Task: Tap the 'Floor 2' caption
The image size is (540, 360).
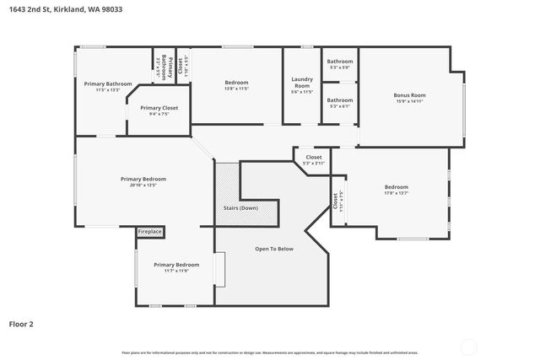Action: pos(21,323)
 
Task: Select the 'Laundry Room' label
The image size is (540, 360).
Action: pos(301,82)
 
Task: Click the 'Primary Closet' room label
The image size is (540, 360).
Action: pos(159,108)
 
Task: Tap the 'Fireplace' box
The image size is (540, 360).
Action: pos(149,231)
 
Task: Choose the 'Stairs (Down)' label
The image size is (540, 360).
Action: pos(241,207)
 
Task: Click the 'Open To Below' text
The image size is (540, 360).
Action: pos(274,249)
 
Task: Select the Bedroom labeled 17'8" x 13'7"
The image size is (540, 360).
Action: pos(396,187)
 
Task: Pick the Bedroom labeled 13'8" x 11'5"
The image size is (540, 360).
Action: pos(236,83)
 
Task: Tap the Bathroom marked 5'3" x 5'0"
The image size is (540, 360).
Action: pos(340,62)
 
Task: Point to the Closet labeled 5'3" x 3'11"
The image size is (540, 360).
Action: pos(314,158)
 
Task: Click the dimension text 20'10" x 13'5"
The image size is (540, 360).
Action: pos(143,185)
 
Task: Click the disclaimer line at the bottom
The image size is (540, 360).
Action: pos(270,352)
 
